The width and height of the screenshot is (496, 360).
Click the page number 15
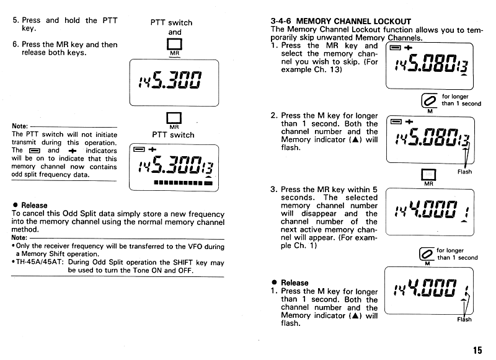(477, 350)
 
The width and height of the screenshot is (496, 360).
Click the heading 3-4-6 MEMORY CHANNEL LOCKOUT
(341, 21)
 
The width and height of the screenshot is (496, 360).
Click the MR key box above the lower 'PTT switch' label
(174, 119)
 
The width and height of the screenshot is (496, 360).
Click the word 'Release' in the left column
(33, 205)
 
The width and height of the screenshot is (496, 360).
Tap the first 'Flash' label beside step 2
(464, 172)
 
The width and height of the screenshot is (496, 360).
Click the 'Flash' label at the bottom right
(464, 319)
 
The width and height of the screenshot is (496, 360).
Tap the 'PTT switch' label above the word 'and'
(172, 22)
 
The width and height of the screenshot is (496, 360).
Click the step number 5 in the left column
(15, 20)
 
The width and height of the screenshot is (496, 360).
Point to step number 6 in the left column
(15, 45)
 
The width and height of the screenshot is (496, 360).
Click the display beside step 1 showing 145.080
(429, 65)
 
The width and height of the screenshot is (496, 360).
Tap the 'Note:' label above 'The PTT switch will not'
(19, 126)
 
